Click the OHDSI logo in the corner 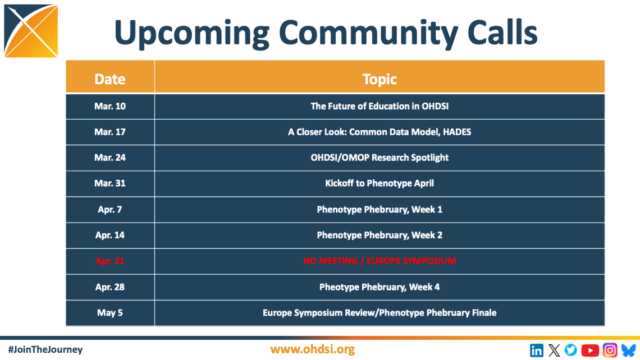pos(31,31)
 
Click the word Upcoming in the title pos(192,33)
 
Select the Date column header pos(110,79)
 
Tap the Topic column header pos(380,79)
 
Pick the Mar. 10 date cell pos(110,106)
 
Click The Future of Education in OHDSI pos(380,106)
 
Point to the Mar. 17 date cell pos(110,132)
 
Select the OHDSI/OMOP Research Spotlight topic pos(380,158)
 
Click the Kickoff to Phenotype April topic pos(380,183)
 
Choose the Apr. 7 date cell pos(110,209)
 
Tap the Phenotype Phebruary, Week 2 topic pos(380,235)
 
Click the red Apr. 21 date pos(110,261)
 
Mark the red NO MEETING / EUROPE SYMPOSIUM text pos(380,261)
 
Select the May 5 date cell pos(110,313)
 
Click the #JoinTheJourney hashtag pos(45,349)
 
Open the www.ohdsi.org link pos(312,349)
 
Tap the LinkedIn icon pos(536,350)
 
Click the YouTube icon pos(590,350)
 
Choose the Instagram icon pos(610,350)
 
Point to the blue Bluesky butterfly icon pos(629,350)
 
